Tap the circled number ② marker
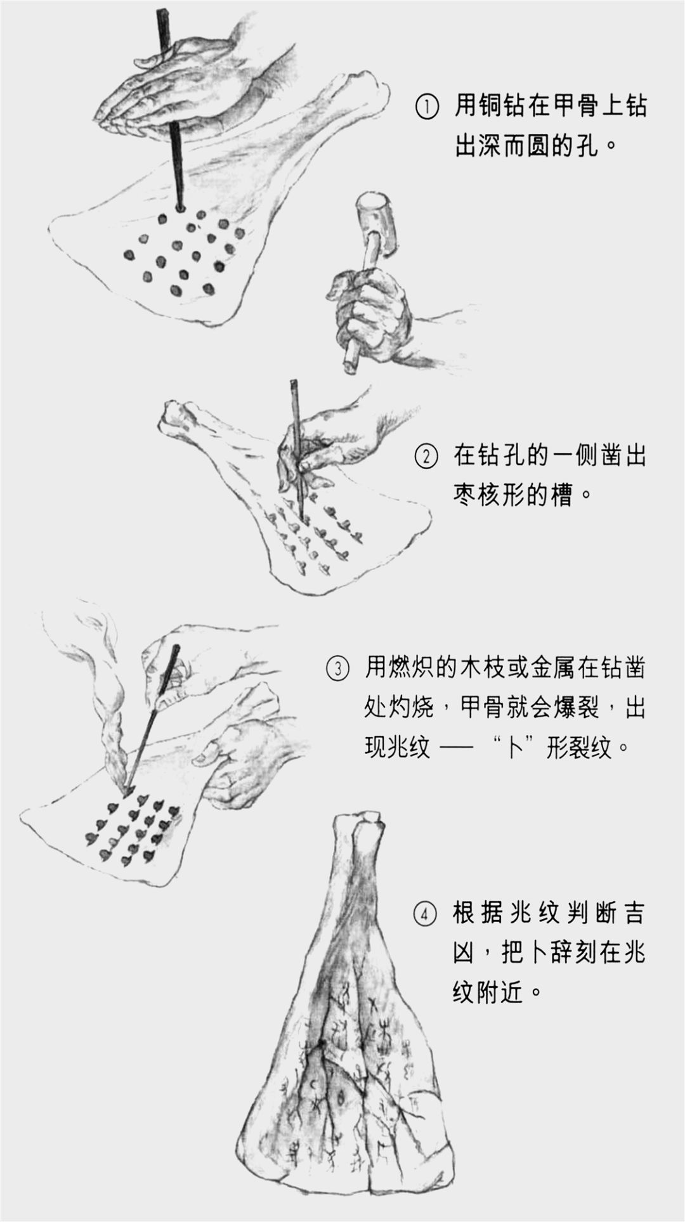coord(426,456)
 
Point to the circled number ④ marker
coord(426,913)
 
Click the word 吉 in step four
coord(632,913)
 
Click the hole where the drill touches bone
coord(179,208)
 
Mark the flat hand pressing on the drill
coord(171,89)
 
